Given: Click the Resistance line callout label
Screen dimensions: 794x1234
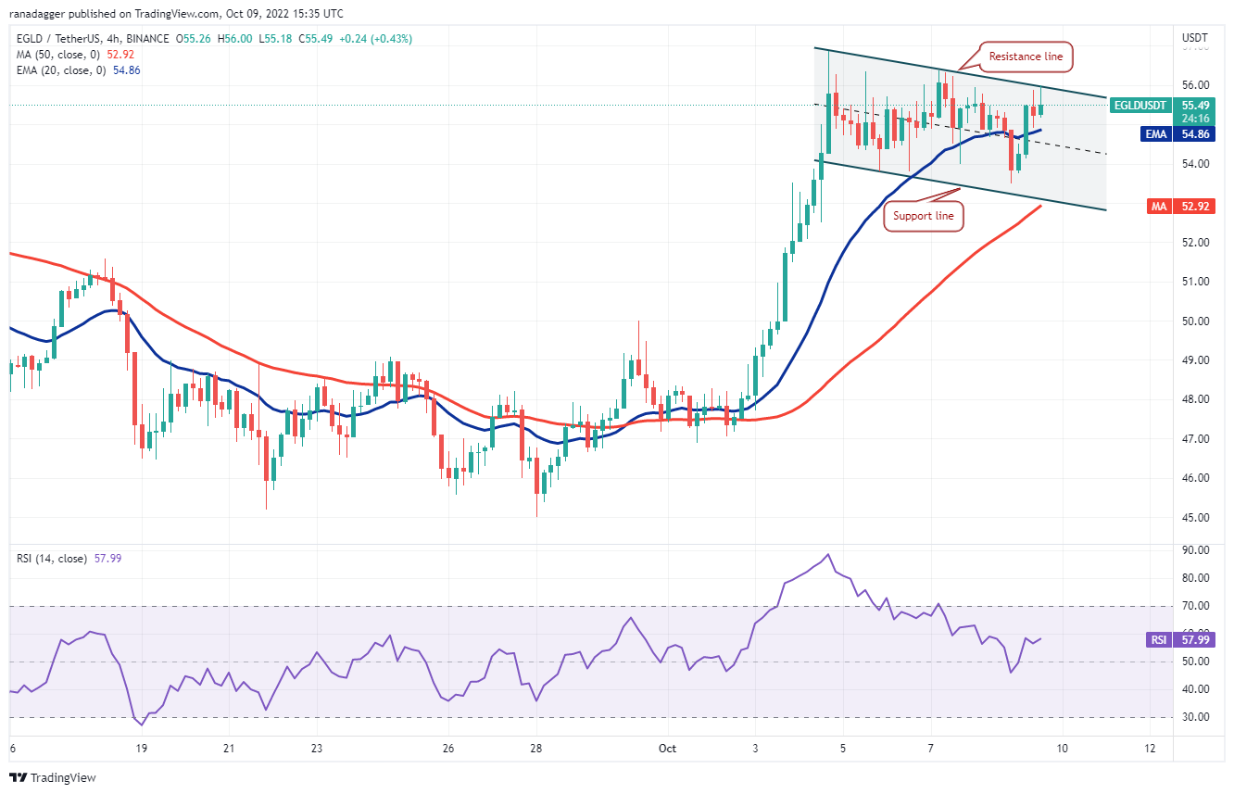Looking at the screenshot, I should click(1026, 57).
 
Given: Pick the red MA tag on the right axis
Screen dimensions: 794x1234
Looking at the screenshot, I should click(1158, 207).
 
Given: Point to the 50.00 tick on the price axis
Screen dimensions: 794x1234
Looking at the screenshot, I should click(1195, 321).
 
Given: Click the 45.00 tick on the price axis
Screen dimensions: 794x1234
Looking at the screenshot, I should click(1195, 517).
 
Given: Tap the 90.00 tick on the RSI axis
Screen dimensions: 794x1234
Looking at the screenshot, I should click(1195, 550).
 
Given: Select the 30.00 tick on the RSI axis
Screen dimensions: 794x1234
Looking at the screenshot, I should click(1195, 717).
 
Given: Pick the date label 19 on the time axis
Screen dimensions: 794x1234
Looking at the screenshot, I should click(141, 748).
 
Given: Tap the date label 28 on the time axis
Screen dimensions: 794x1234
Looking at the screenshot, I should click(535, 748).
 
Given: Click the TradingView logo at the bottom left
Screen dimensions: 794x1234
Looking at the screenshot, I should click(53, 777).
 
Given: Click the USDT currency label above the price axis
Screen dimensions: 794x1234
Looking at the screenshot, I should click(1195, 38).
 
